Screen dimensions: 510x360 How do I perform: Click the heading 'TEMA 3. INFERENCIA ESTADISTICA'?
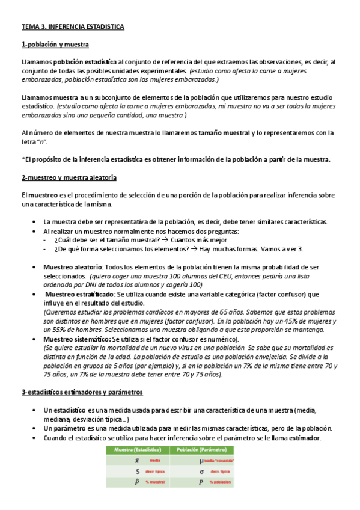(73, 27)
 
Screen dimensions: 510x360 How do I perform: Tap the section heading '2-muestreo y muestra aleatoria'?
(69, 178)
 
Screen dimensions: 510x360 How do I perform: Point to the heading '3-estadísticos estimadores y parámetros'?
(82, 392)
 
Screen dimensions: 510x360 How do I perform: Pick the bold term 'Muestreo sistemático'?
(76, 339)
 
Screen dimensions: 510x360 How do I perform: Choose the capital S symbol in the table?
(138, 472)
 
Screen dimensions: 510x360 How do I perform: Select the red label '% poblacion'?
(219, 482)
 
